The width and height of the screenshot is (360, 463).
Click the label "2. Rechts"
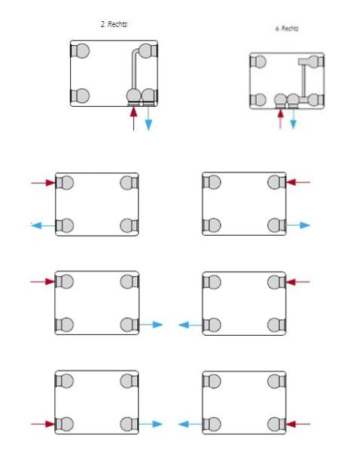click(x=114, y=24)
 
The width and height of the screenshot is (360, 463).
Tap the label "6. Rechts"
click(x=286, y=29)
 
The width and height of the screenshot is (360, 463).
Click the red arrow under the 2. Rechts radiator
click(x=134, y=119)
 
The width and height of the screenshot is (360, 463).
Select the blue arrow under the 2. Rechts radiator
click(x=148, y=119)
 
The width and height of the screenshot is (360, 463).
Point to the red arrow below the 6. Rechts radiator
click(x=280, y=119)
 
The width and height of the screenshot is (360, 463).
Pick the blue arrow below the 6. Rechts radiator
click(x=293, y=119)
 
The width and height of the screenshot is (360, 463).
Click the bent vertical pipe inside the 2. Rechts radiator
click(x=134, y=69)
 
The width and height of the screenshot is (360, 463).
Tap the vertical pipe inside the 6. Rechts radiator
click(x=304, y=80)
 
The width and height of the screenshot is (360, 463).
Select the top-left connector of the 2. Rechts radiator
click(x=80, y=50)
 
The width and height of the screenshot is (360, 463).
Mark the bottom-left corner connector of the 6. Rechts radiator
click(x=258, y=100)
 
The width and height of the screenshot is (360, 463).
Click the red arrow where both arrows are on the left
click(x=44, y=183)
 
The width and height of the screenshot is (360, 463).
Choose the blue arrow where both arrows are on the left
click(x=44, y=226)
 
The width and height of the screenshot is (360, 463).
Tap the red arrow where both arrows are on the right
click(x=298, y=182)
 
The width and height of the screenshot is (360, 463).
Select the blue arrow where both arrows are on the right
click(x=298, y=225)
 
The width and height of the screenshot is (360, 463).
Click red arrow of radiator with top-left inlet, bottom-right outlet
click(x=43, y=282)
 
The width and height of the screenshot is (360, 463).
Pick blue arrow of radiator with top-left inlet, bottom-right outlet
click(x=151, y=324)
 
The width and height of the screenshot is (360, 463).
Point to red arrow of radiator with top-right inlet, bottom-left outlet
click(x=297, y=282)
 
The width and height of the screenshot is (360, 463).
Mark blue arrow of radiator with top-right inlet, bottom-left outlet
click(x=191, y=325)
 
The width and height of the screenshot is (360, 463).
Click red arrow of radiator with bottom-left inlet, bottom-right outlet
click(x=43, y=424)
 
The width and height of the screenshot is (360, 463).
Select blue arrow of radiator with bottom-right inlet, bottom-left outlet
click(x=191, y=425)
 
